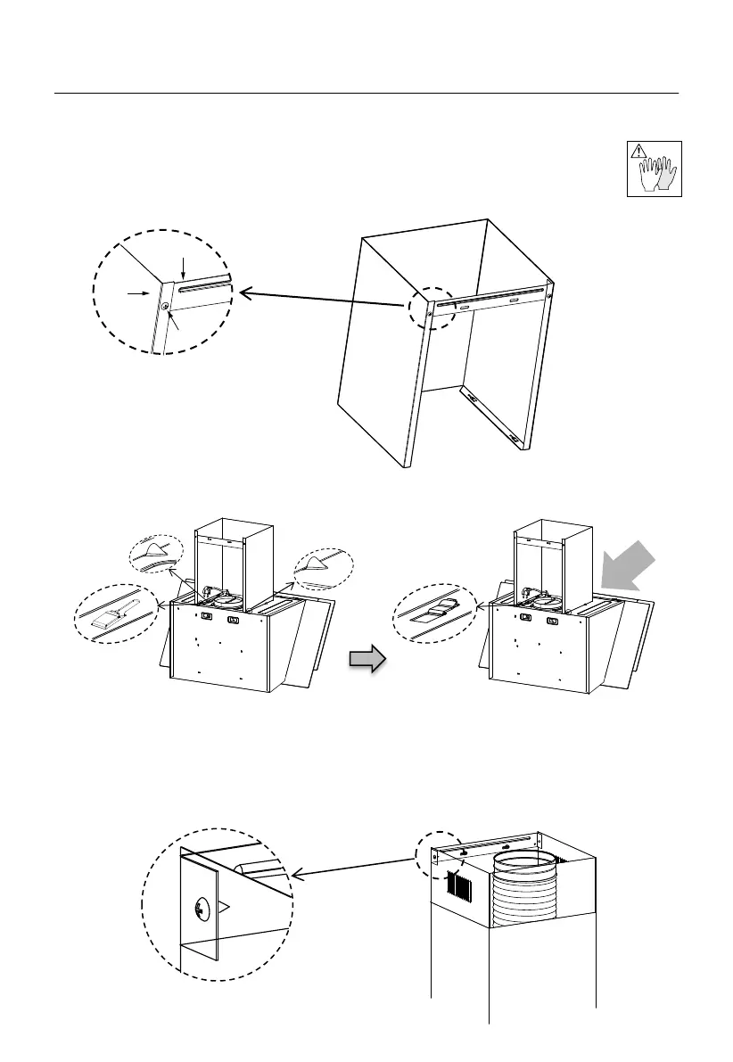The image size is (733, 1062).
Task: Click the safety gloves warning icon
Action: click(655, 169)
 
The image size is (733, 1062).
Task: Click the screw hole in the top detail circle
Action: click(166, 307)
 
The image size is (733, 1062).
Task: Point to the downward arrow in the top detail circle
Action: click(183, 267)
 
